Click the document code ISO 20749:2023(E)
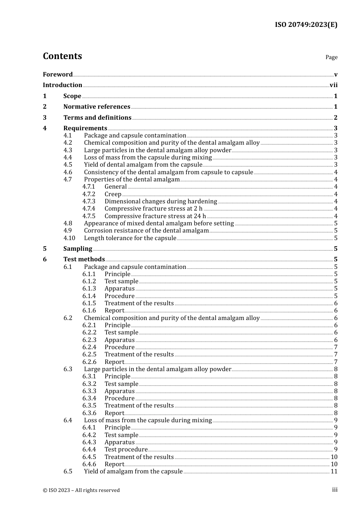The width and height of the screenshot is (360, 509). [x=306, y=25]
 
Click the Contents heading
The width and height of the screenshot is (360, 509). [x=62, y=56]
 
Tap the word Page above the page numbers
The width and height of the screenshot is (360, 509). [x=331, y=57]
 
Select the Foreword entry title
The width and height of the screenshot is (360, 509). [x=58, y=74]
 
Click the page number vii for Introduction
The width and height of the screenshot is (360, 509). [x=333, y=85]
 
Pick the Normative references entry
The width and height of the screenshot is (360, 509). [x=97, y=107]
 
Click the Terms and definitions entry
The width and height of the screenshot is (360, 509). [x=97, y=117]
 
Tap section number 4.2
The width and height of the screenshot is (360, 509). [x=68, y=143]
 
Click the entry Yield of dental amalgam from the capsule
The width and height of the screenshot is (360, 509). [x=143, y=165]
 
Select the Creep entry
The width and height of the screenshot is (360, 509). [x=113, y=194]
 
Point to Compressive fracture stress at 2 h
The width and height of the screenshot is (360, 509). [x=153, y=209]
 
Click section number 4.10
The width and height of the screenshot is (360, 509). [x=69, y=238]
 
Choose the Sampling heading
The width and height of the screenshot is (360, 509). [x=78, y=249]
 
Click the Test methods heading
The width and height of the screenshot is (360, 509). [x=84, y=259]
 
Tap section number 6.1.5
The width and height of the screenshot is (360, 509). [x=89, y=303]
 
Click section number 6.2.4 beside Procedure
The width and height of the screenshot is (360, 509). [x=89, y=347]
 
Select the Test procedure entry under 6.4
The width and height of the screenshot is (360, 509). [x=126, y=450]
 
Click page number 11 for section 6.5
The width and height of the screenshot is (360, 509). [x=334, y=472]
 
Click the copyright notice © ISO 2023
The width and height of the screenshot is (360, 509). [x=81, y=490]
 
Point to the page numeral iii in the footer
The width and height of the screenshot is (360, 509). [x=335, y=490]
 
